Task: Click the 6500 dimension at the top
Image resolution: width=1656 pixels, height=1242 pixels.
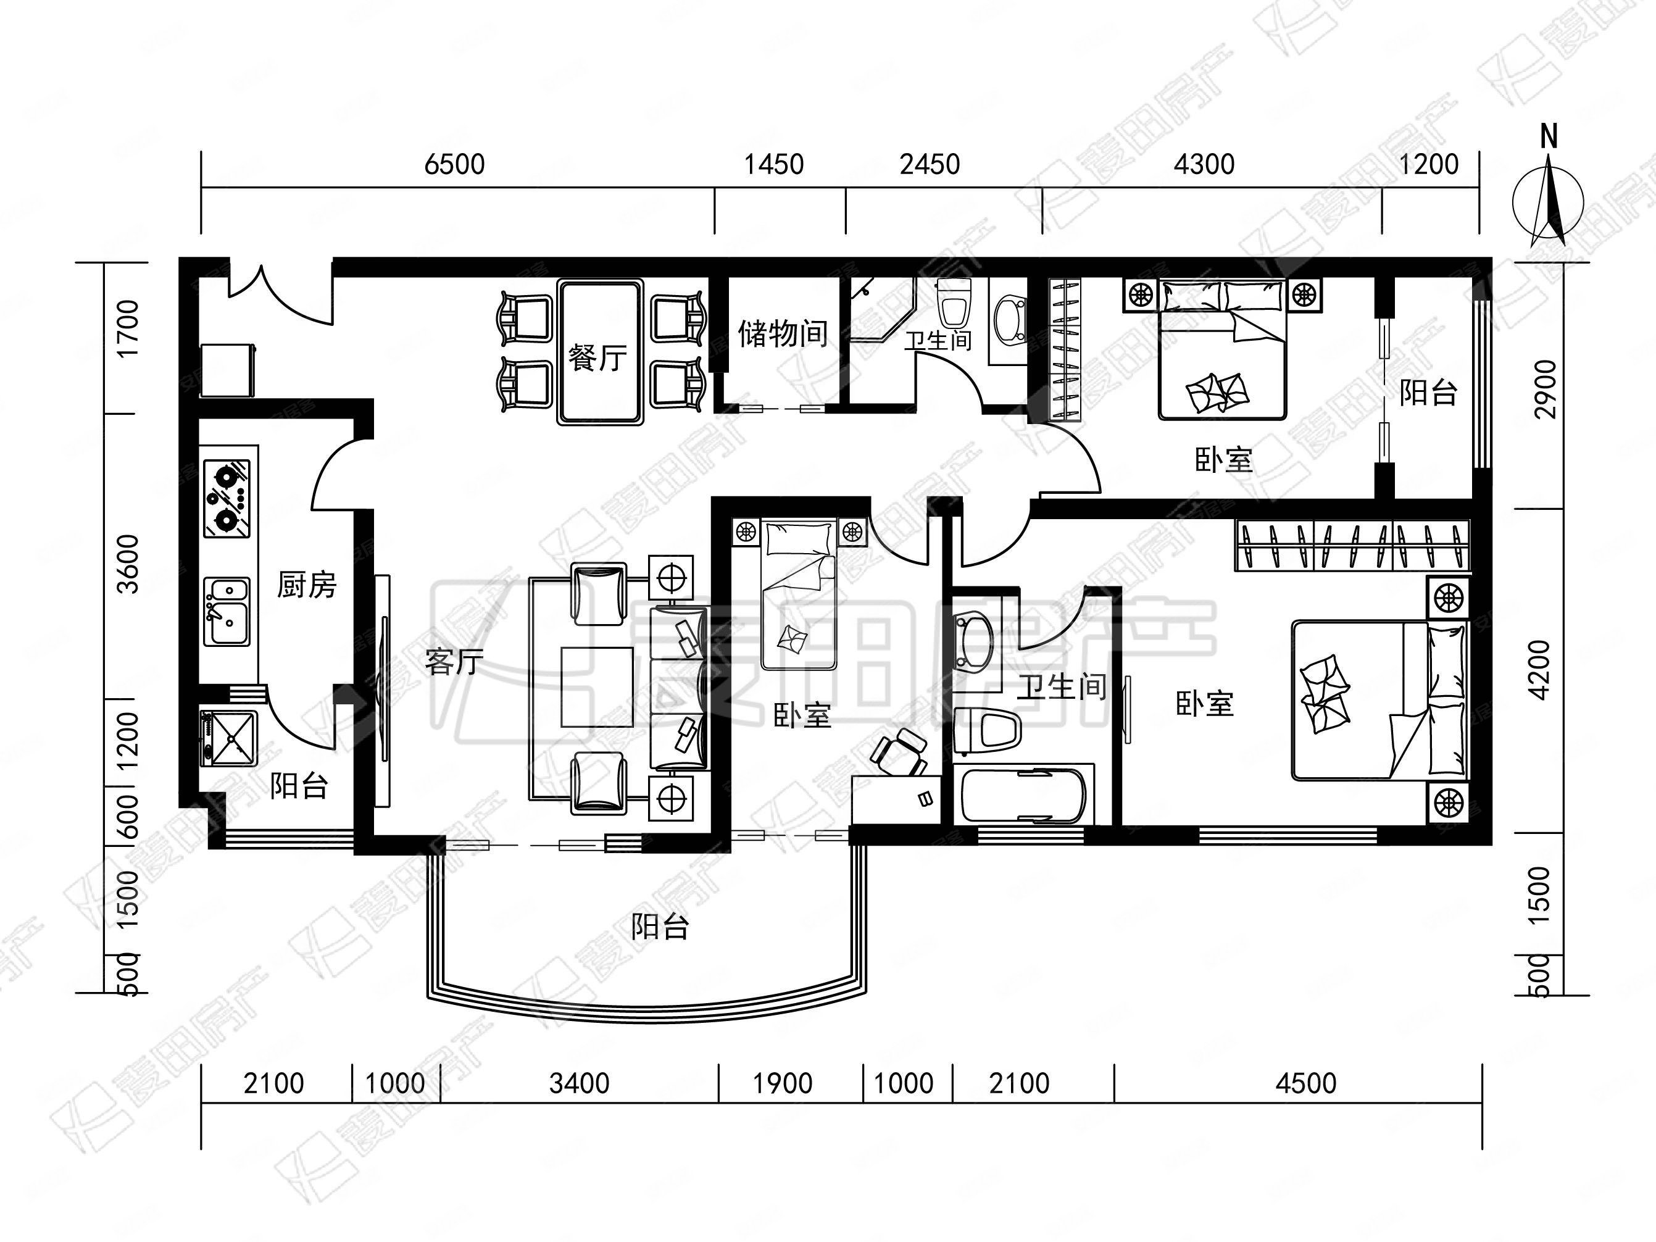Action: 454,164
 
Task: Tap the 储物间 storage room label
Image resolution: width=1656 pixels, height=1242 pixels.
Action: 783,333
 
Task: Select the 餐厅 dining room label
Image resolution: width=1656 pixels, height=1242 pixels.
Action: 597,358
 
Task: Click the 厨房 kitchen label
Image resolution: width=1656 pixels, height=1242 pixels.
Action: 307,585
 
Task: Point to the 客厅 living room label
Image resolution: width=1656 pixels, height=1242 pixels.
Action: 454,661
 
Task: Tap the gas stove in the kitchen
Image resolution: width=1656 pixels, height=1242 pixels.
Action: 228,498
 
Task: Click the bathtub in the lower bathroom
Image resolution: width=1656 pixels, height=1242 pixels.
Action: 1024,795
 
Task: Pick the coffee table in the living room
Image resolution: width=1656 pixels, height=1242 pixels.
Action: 597,687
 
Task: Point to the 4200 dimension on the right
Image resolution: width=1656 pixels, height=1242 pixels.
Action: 1540,669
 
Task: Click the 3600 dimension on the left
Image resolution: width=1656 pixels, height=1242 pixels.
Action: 129,564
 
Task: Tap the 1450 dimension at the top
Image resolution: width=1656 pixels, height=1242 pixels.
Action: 773,164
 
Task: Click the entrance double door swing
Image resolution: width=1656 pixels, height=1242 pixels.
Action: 281,293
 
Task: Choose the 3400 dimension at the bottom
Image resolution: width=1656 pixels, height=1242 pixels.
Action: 580,1083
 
